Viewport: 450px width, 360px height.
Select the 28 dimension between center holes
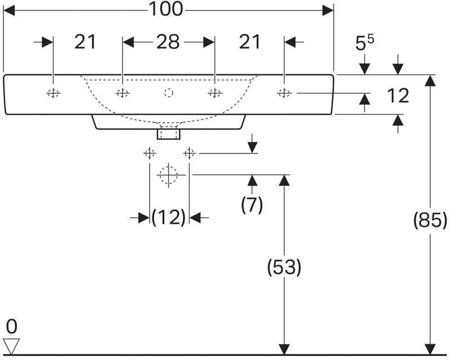(168, 42)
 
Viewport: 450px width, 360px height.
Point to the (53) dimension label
(284, 268)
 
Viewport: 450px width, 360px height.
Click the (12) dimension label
(168, 217)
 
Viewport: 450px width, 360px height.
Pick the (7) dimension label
(251, 205)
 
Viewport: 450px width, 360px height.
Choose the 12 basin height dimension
(398, 96)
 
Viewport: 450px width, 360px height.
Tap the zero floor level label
(12, 326)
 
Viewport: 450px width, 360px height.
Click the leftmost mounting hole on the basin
(53, 93)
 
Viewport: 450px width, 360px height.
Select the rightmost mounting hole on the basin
(284, 93)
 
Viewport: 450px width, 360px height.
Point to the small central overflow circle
(168, 93)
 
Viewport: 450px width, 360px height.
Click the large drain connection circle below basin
(167, 175)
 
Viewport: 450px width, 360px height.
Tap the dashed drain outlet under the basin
(168, 133)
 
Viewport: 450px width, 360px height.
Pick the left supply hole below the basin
(149, 152)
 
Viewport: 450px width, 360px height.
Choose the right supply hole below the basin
(190, 152)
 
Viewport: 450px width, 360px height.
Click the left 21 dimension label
(85, 42)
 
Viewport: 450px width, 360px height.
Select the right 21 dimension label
(250, 42)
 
